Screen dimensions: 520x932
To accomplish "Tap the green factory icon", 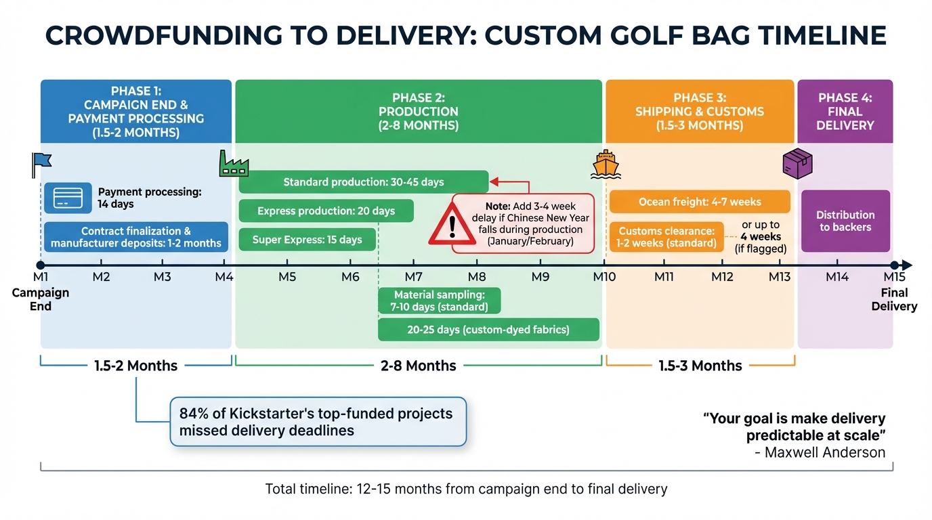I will click(234, 164).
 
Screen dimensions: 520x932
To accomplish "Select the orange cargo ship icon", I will click(605, 164).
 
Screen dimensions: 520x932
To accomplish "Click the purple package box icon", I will click(797, 163).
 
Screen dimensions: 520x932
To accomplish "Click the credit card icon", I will click(68, 198).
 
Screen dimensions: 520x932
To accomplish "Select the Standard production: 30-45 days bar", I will click(363, 182).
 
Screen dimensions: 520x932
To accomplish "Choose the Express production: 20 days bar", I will click(326, 211).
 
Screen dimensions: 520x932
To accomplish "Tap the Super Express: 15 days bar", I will click(307, 240).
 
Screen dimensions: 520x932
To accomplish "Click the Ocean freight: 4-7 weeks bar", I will click(700, 202).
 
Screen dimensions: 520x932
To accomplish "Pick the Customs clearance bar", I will click(666, 237).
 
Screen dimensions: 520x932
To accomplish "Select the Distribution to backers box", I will click(845, 221).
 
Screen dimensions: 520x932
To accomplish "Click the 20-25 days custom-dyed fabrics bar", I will click(488, 330).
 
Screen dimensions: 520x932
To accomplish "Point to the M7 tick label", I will click(413, 277).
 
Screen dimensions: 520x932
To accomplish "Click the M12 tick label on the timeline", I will click(722, 277).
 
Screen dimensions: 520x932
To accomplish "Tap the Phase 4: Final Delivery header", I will click(845, 112).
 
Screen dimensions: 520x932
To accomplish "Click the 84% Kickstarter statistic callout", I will click(318, 422).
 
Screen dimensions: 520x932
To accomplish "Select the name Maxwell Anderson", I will click(824, 452).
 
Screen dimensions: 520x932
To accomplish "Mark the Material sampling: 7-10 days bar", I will click(440, 301).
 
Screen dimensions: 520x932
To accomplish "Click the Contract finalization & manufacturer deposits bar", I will click(136, 237).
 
